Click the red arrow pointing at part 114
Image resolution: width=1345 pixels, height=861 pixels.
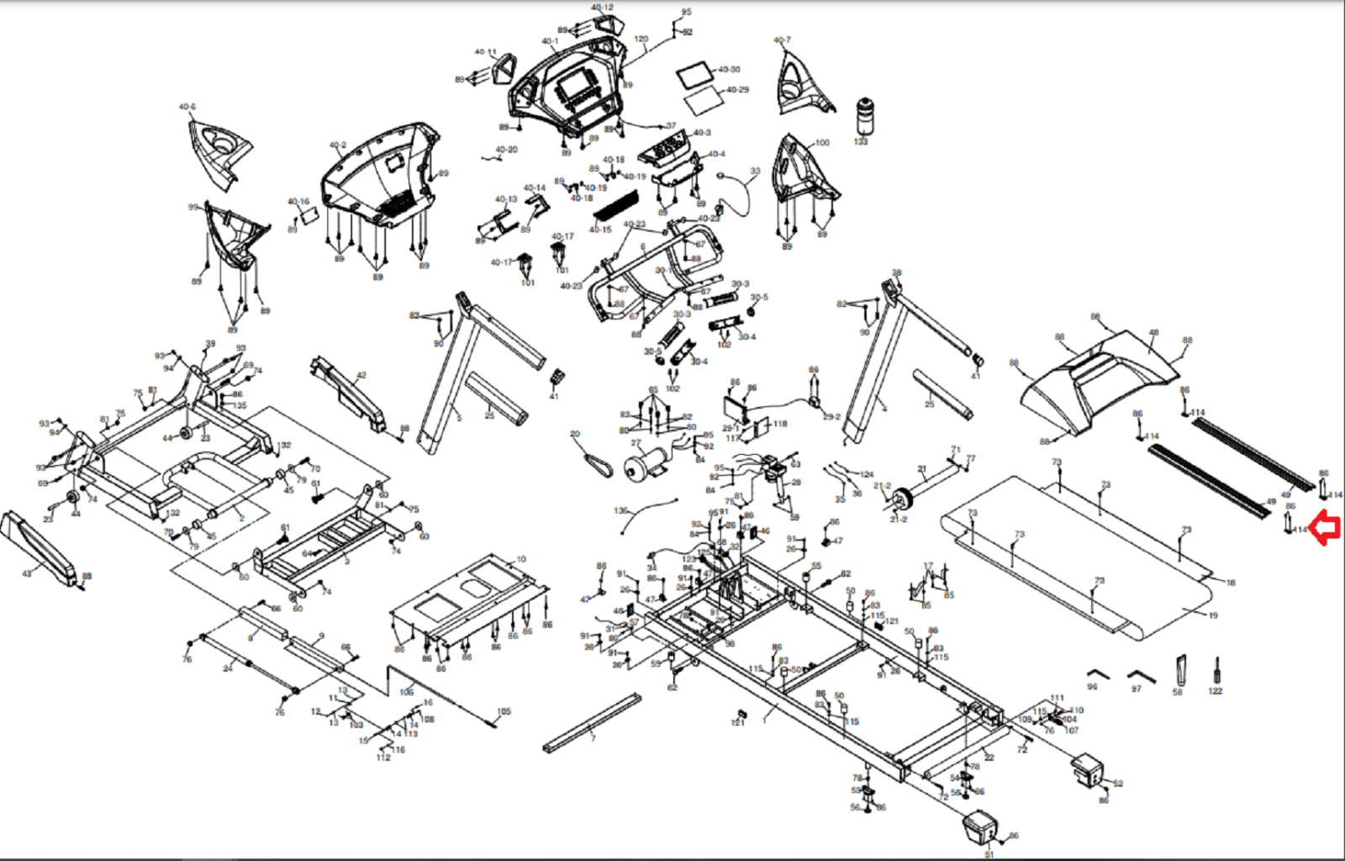pos(1326,528)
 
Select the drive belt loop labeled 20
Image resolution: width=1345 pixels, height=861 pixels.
pos(599,462)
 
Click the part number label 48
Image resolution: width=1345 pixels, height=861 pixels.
pos(1153,333)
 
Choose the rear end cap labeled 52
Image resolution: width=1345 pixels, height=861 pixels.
pos(1089,770)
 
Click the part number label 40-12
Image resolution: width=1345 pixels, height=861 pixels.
pos(602,8)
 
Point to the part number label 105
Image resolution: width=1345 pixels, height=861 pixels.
pos(504,711)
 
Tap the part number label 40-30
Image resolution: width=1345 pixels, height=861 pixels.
pos(729,70)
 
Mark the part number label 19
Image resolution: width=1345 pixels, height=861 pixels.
pos(1213,615)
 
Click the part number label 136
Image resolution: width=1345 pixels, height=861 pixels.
pos(620,510)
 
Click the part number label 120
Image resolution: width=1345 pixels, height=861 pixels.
pos(641,39)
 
